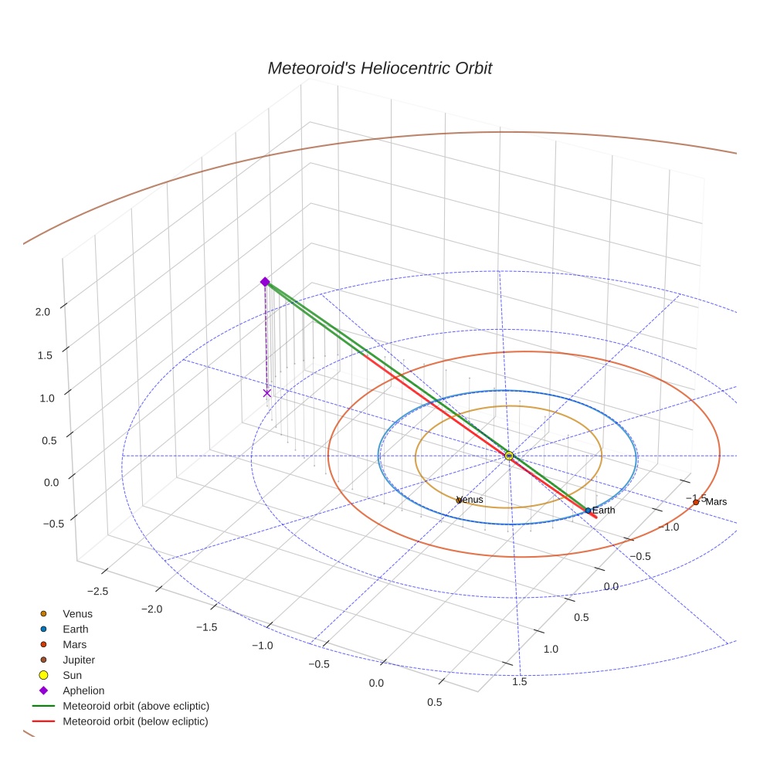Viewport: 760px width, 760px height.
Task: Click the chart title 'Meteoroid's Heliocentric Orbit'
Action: pyautogui.click(x=379, y=69)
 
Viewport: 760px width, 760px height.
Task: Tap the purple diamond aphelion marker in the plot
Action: pyautogui.click(x=265, y=282)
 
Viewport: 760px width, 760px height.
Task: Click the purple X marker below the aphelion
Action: pyautogui.click(x=267, y=393)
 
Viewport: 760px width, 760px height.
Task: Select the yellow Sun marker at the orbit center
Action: pyautogui.click(x=509, y=456)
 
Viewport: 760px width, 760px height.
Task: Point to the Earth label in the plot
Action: pyautogui.click(x=603, y=511)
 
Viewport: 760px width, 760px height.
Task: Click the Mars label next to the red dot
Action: pyautogui.click(x=716, y=502)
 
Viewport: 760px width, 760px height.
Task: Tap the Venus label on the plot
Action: pyautogui.click(x=470, y=500)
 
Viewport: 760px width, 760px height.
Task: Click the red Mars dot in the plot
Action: pyautogui.click(x=696, y=502)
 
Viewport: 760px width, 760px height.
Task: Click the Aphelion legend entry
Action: pyautogui.click(x=83, y=691)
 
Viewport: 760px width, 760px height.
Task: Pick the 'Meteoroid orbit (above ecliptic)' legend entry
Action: pyautogui.click(x=136, y=706)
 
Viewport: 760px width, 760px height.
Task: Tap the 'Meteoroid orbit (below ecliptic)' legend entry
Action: pyautogui.click(x=135, y=721)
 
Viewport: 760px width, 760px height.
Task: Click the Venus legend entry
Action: pyautogui.click(x=77, y=614)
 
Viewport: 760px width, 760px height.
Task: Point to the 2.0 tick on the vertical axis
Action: pyautogui.click(x=42, y=311)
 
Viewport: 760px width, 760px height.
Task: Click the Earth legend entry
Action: pyautogui.click(x=75, y=629)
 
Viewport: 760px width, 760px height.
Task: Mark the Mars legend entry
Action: pyautogui.click(x=74, y=645)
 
